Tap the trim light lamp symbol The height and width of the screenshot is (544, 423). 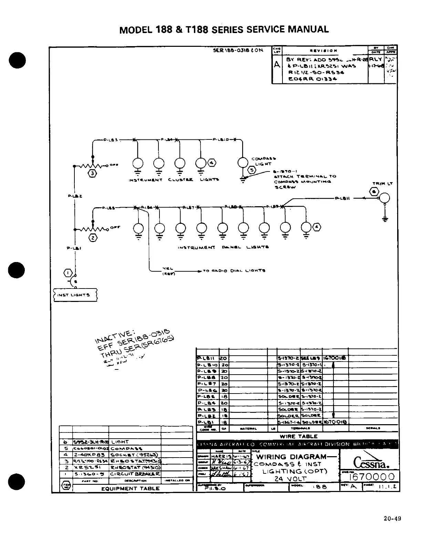(x=384, y=198)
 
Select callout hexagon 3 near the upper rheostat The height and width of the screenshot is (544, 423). (x=93, y=173)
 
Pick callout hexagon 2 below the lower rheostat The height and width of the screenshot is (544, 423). (x=93, y=237)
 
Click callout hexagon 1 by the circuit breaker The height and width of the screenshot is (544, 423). (x=68, y=273)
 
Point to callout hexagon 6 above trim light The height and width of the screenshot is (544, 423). (x=373, y=192)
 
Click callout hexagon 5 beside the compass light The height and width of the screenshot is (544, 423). (x=252, y=170)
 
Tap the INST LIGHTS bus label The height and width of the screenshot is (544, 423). (x=76, y=295)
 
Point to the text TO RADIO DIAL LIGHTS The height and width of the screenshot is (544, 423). (x=234, y=271)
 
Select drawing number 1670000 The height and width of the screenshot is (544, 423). (x=371, y=477)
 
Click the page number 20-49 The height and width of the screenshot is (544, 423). (x=393, y=519)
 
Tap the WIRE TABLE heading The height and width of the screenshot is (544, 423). (x=298, y=437)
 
